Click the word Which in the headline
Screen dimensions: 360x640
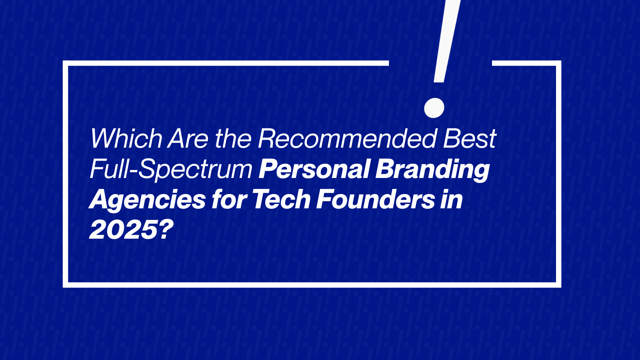126,138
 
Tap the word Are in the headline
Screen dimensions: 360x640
188,138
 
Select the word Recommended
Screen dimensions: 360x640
347,138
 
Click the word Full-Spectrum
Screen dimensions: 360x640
171,169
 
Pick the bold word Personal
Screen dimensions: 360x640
314,169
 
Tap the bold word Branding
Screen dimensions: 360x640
432,169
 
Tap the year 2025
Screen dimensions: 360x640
123,230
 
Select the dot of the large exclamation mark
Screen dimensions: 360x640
434,108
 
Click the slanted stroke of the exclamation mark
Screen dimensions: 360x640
447,40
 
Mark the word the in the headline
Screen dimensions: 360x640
233,138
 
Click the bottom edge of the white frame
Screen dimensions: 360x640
312,285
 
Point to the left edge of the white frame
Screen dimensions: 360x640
65,173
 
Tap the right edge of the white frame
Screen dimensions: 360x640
559,173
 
